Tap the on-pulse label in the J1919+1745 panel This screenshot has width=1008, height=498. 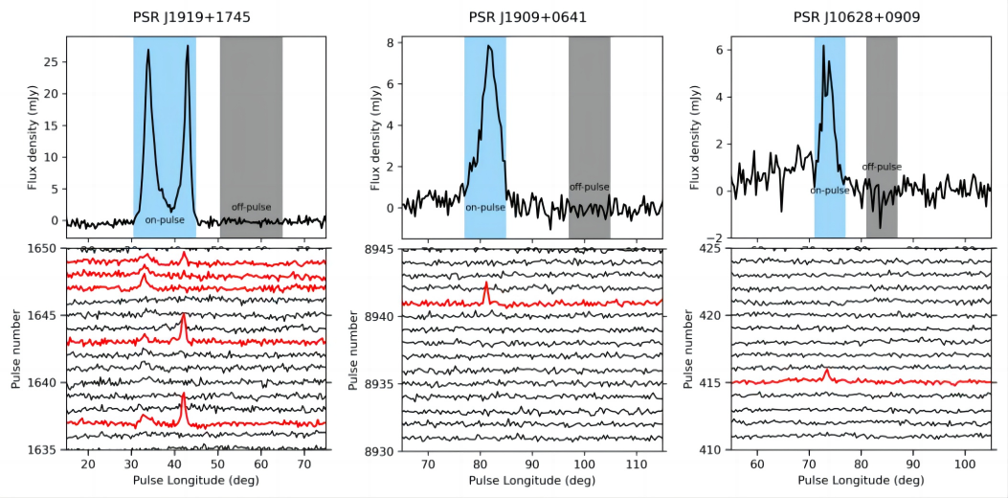165,220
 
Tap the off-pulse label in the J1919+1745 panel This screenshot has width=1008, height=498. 251,207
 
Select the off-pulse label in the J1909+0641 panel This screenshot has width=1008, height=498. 589,187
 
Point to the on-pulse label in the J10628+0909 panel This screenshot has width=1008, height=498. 829,191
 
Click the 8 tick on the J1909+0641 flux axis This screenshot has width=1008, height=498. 390,43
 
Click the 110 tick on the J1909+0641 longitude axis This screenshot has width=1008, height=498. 636,464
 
